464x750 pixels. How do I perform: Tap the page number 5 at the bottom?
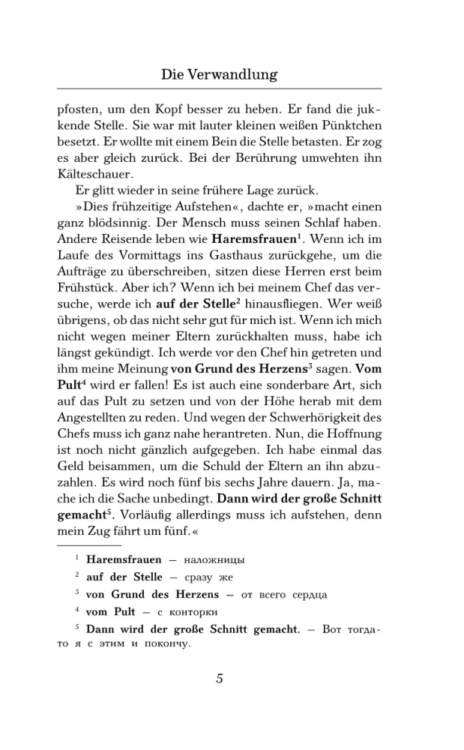[x=220, y=679]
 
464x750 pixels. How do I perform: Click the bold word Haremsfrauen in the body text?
[x=254, y=239]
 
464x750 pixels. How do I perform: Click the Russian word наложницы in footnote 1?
[x=215, y=559]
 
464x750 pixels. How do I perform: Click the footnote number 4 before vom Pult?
[x=76, y=610]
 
